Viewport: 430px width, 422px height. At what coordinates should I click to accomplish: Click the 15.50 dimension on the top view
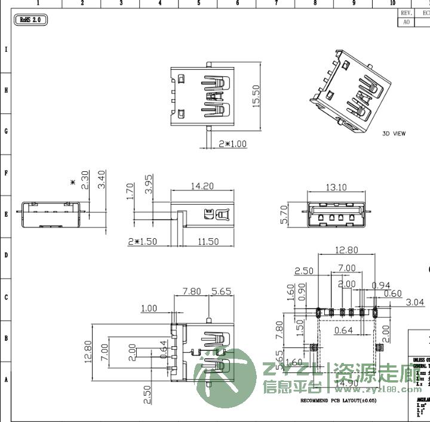(256, 96)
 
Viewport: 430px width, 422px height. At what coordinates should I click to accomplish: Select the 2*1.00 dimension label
(232, 144)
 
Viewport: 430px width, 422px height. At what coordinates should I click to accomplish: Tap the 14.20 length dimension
(202, 186)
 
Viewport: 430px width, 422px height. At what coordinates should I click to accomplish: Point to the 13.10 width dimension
(336, 187)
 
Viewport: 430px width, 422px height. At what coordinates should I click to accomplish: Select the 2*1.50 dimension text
(143, 242)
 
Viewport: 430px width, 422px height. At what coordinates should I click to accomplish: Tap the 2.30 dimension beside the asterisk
(85, 180)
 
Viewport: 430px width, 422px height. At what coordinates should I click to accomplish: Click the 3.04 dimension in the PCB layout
(414, 303)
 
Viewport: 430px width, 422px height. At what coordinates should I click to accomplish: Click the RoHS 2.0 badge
(30, 20)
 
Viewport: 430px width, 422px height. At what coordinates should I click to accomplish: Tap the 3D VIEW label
(394, 134)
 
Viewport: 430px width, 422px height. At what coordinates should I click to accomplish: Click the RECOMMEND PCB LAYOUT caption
(337, 401)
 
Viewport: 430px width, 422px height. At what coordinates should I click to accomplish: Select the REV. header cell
(406, 13)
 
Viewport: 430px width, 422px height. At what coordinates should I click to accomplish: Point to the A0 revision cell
(406, 21)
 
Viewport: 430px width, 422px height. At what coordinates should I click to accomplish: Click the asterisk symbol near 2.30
(73, 183)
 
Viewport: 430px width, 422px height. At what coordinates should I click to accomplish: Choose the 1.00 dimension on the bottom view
(148, 309)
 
